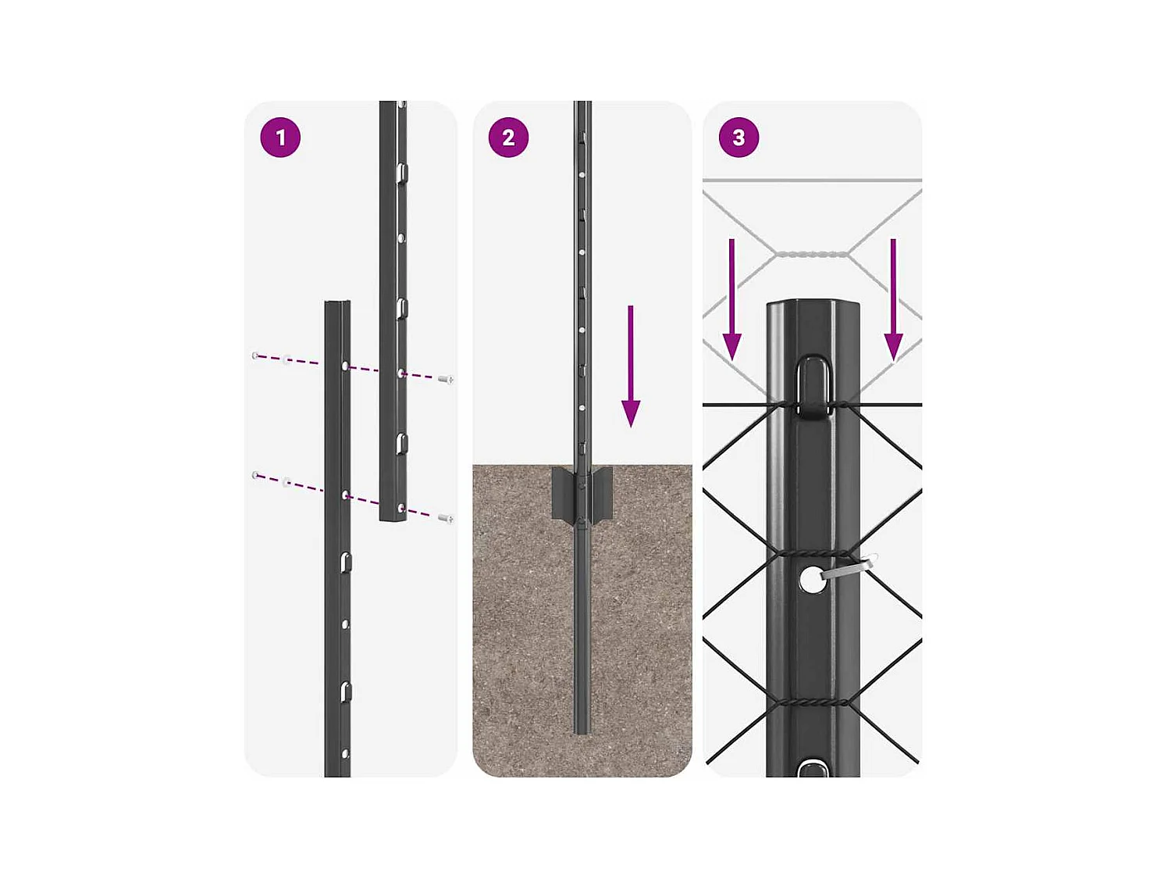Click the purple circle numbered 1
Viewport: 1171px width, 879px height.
[280, 138]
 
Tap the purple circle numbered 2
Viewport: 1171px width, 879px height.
[508, 138]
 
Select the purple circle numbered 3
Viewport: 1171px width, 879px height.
[739, 138]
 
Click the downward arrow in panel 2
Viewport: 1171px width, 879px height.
[631, 366]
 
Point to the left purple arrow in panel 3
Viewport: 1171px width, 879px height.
[731, 299]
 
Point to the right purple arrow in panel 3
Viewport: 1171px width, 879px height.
[893, 299]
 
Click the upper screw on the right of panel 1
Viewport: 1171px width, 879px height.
[446, 380]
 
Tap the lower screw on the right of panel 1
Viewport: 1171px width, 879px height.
[446, 518]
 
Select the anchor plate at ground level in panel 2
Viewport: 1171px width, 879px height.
[582, 494]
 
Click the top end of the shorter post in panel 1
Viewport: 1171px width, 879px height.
[338, 302]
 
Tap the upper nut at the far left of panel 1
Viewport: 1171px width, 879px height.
[256, 355]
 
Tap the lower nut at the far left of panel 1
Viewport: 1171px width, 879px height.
[256, 474]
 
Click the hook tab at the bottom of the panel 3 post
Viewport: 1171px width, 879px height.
[813, 768]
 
